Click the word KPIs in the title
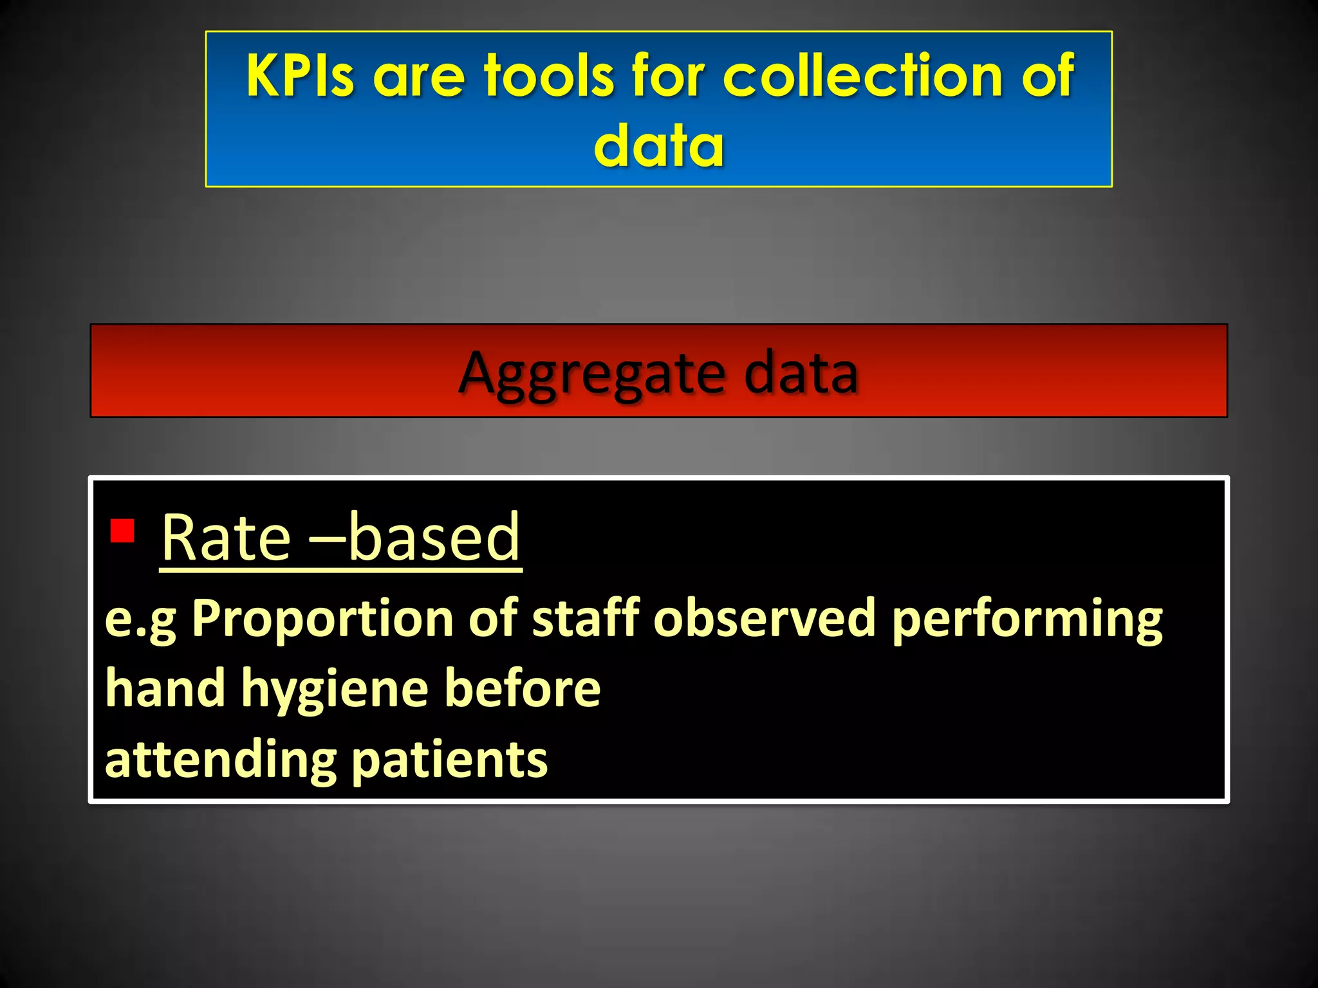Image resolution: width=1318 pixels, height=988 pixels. click(x=300, y=76)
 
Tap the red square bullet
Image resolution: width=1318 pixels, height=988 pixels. click(x=122, y=531)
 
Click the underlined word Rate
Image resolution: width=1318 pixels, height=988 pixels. click(x=226, y=537)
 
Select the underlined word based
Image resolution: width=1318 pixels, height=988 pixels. click(x=434, y=537)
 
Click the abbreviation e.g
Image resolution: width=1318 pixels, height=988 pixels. click(x=140, y=619)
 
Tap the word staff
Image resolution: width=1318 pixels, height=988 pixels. click(x=586, y=619)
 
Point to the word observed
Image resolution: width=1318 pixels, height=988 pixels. click(x=765, y=619)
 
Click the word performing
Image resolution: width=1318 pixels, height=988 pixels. click(x=1027, y=619)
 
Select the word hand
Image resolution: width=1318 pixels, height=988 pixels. click(x=165, y=688)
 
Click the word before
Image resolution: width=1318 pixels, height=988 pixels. click(x=523, y=688)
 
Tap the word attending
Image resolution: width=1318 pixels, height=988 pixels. click(x=221, y=759)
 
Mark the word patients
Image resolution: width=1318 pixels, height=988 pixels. click(x=450, y=759)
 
